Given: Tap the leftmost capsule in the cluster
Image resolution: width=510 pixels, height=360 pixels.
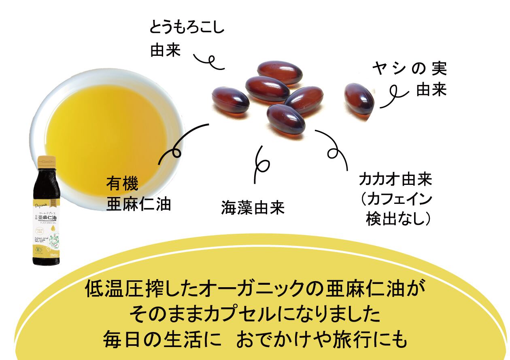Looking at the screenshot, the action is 230,101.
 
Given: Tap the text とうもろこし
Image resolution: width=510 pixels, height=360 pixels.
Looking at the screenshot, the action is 186,29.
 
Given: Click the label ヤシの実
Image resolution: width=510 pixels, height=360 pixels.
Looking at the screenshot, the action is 409,70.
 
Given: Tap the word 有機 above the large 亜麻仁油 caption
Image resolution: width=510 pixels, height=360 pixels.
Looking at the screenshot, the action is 122,185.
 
